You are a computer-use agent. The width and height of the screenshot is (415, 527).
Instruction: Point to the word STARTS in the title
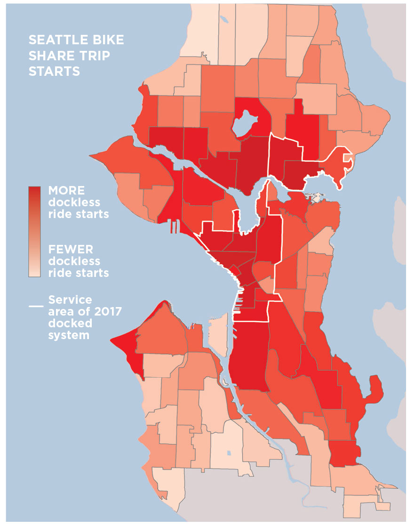(x=54, y=71)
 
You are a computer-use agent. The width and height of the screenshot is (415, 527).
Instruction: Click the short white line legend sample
(x=35, y=306)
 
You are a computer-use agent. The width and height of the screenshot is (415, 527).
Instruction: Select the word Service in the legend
(x=71, y=300)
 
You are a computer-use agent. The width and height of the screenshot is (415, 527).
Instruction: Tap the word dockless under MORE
(x=74, y=203)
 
